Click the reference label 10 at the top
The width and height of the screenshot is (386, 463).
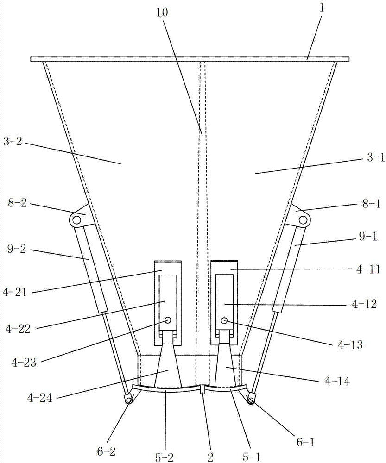(163, 13)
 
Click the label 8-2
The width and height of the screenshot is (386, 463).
(18, 203)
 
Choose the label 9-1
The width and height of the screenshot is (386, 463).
(368, 236)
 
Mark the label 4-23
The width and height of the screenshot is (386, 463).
(24, 363)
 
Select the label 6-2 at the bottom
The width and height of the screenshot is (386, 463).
(107, 451)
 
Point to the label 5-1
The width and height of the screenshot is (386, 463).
(251, 457)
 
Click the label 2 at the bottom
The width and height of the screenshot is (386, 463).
(210, 457)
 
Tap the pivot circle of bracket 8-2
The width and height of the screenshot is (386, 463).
(76, 220)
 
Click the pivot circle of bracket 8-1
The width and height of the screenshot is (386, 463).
(303, 220)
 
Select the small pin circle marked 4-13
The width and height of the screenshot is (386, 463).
(224, 320)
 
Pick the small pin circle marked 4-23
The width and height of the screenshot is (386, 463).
(168, 320)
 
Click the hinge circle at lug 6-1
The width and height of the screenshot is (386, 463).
(251, 400)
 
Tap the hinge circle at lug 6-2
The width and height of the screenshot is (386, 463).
(128, 400)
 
